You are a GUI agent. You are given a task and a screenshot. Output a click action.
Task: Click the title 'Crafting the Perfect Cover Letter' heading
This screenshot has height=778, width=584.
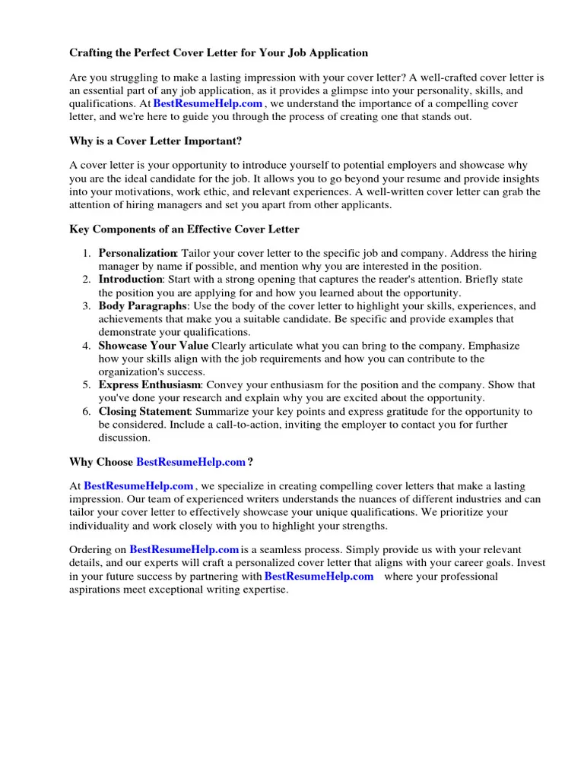[x=218, y=53]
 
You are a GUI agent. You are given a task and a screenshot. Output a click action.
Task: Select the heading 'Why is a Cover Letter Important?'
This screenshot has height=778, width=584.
[x=156, y=141]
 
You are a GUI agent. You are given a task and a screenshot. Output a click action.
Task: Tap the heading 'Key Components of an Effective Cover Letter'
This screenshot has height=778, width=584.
[x=184, y=229]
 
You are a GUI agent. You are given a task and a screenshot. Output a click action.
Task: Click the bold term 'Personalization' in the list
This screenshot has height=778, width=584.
[x=138, y=253]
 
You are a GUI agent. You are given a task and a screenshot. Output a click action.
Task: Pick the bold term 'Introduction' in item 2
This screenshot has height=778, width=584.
[x=131, y=280]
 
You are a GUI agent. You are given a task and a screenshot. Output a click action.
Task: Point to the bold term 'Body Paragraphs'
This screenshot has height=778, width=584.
[x=142, y=306]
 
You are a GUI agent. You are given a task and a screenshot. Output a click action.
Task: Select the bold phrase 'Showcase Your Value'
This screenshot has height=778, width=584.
[x=154, y=346]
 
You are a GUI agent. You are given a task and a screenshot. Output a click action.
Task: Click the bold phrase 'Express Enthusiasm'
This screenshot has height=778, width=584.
[x=149, y=385]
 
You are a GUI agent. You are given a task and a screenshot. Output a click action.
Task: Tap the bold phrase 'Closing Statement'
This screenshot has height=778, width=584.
[x=144, y=412]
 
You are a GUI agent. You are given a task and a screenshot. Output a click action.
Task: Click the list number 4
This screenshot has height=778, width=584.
[x=87, y=346]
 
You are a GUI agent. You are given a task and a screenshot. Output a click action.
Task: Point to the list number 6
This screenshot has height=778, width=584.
[x=87, y=412]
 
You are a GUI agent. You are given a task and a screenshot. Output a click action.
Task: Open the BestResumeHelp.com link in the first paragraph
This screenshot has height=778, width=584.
[x=208, y=104]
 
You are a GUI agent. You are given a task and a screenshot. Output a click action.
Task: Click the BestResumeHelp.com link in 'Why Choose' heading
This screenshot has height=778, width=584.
[x=191, y=462]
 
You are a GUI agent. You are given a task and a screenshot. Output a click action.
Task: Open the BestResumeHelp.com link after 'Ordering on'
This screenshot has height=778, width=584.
[x=184, y=549]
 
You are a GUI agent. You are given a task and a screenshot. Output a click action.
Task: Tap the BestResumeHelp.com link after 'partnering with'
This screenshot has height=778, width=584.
[x=319, y=577]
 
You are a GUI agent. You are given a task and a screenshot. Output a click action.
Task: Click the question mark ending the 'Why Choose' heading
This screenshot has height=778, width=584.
[x=250, y=462]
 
